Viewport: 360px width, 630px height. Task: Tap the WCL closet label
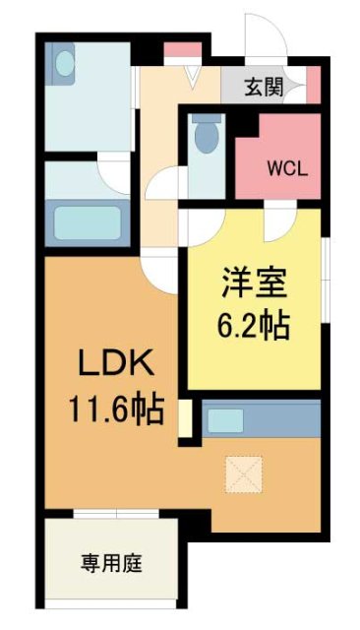(288, 166)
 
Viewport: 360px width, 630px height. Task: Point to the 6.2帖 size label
(253, 325)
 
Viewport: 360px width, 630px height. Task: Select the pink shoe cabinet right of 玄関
(314, 83)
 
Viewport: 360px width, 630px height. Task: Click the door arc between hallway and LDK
(156, 266)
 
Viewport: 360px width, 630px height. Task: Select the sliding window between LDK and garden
(110, 514)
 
